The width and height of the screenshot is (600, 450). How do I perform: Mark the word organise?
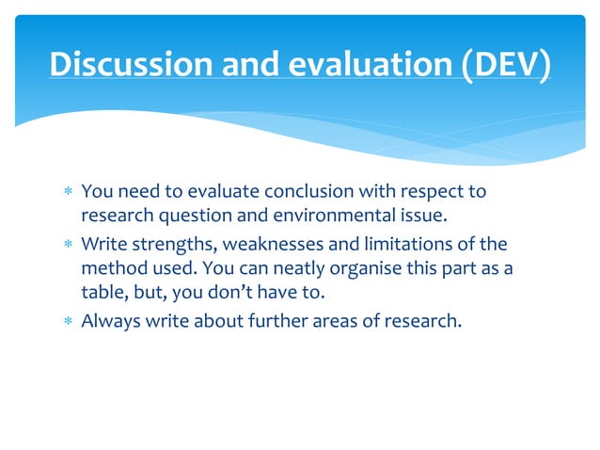click(348, 269)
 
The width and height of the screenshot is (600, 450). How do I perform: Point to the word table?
click(103, 294)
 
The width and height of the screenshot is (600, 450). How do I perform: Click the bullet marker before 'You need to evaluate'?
click(67, 193)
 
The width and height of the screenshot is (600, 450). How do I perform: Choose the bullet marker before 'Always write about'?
click(67, 321)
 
